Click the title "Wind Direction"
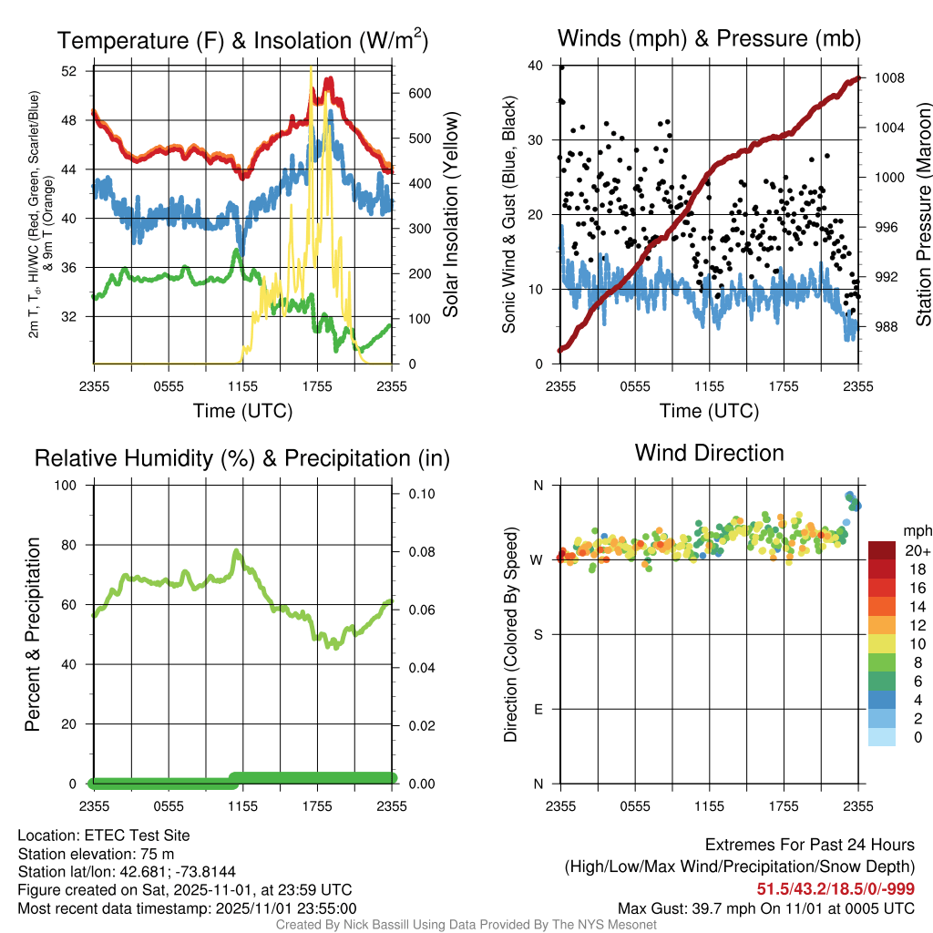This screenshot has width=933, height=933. [709, 453]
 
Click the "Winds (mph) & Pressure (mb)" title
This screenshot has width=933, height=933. [709, 38]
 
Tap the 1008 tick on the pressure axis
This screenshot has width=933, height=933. [887, 78]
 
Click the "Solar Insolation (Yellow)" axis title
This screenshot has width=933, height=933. [450, 215]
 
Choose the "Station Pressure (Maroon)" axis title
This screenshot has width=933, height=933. [921, 215]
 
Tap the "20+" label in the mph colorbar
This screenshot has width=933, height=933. [917, 550]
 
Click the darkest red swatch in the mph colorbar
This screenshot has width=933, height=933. [882, 550]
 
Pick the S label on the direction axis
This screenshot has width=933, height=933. [538, 634]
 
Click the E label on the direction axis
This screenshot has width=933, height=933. [538, 709]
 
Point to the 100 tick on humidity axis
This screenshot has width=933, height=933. [67, 485]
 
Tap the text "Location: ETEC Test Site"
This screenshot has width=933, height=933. [104, 835]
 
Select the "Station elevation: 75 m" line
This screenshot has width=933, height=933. [96, 854]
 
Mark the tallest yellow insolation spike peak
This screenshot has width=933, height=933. [312, 67]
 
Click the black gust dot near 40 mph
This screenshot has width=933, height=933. [561, 67]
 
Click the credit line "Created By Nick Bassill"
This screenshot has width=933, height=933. [466, 925]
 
